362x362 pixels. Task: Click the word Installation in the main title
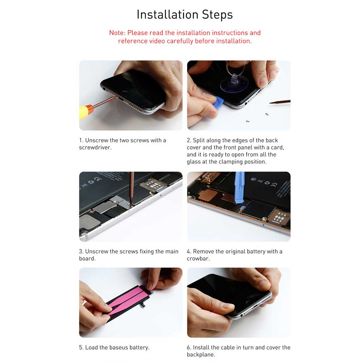[168, 14]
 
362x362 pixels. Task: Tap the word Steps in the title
[217, 15]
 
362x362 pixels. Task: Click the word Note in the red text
[117, 33]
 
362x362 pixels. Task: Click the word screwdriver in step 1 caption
[95, 148]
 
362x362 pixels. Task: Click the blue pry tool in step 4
[239, 188]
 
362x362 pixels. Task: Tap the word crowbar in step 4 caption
[198, 258]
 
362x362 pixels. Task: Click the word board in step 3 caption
[87, 258]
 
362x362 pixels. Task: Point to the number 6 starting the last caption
[188, 348]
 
